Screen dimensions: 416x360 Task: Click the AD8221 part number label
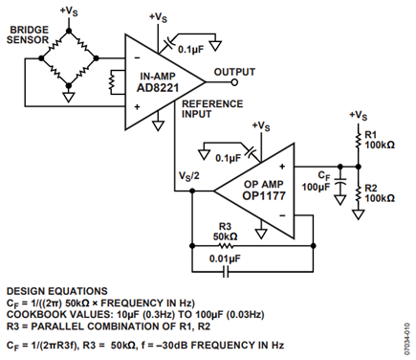pos(158,87)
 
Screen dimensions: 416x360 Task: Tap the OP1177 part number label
pos(264,195)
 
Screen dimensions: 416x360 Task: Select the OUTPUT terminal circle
pos(234,82)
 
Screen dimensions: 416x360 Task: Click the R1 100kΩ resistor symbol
pos(359,140)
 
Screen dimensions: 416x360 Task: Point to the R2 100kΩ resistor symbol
pos(359,193)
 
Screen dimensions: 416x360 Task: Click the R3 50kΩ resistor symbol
pos(226,246)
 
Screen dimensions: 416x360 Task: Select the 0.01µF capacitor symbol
pos(226,272)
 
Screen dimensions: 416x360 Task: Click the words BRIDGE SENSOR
pos(28,34)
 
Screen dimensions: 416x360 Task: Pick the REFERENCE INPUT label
pos(212,109)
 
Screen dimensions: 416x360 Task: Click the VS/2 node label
pos(188,176)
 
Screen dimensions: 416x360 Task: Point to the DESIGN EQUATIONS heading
pos(57,291)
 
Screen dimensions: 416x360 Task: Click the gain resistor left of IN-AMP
pos(112,82)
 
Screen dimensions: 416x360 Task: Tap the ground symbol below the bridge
pos(69,97)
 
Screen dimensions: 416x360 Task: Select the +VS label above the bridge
pos(69,11)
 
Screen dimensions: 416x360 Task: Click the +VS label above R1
pos(359,116)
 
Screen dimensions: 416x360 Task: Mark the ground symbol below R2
pos(359,214)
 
